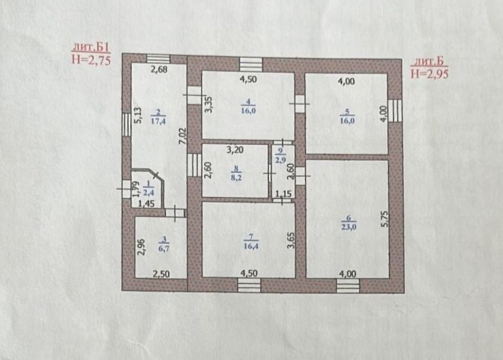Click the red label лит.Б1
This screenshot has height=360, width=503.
(x=91, y=48)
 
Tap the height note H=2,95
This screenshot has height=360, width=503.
(x=429, y=74)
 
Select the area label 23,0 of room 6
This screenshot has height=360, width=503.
(x=349, y=227)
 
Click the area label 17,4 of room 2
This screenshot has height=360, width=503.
(x=158, y=121)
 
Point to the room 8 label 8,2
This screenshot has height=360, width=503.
(x=236, y=178)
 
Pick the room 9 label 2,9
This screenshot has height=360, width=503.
(x=281, y=160)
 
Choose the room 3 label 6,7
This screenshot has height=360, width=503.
(x=164, y=248)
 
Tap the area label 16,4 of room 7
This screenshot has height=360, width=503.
(x=251, y=246)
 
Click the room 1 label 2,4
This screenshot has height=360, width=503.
(x=148, y=193)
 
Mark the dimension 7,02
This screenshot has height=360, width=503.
(x=183, y=136)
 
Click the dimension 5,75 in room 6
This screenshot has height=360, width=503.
(x=385, y=219)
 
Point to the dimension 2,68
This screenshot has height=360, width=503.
(x=159, y=70)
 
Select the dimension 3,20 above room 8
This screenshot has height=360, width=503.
(x=235, y=150)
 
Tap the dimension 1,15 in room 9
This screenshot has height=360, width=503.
(x=283, y=194)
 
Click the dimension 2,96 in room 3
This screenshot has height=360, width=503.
(x=142, y=247)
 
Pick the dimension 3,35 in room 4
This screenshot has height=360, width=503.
(x=209, y=105)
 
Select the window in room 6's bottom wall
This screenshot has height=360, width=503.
(x=348, y=285)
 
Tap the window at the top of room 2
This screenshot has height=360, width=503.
(x=158, y=59)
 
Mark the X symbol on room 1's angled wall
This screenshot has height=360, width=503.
(x=155, y=175)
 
